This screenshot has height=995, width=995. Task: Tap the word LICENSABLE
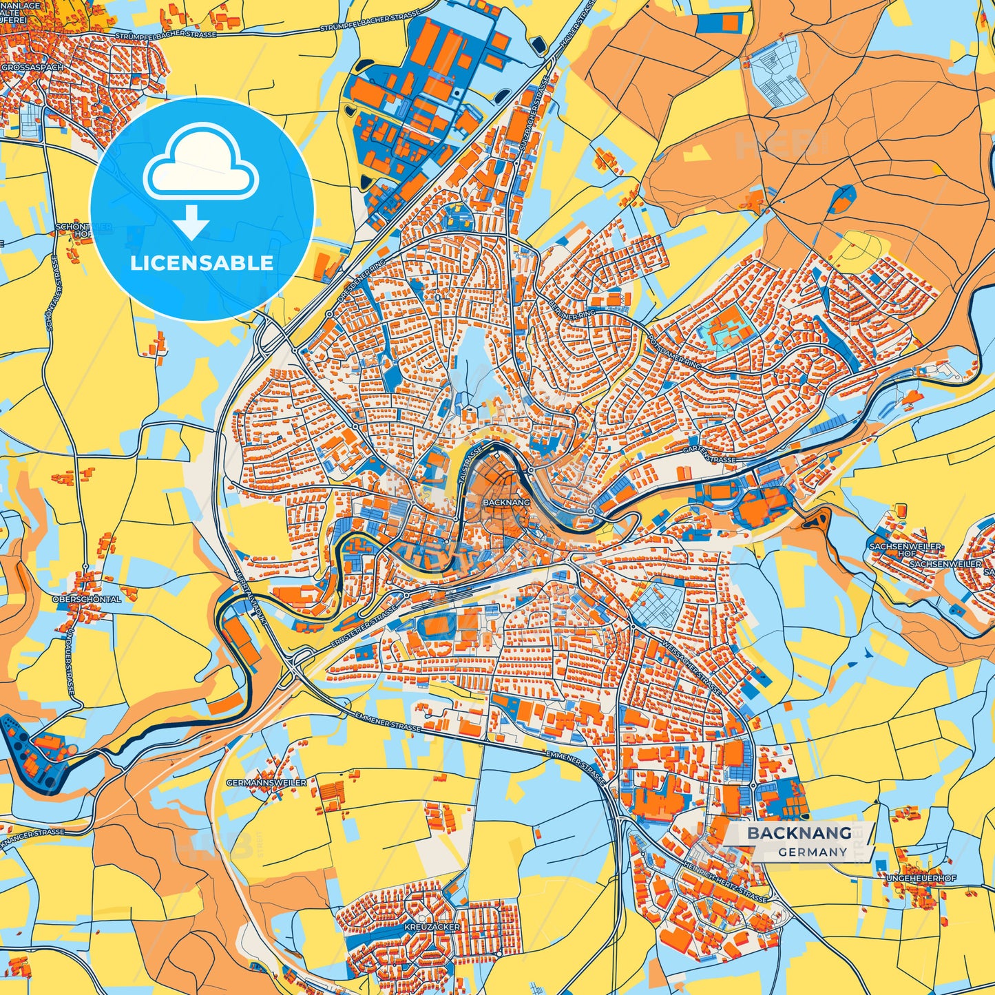[x=202, y=263]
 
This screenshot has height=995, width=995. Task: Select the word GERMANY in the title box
[x=813, y=852]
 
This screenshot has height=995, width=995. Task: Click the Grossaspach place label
[x=32, y=67]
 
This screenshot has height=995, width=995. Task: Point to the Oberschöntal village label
[x=87, y=599]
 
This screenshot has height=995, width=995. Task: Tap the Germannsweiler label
[x=266, y=783]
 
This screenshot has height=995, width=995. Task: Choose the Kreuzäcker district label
[x=432, y=927]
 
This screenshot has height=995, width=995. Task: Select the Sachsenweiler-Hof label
[x=906, y=549]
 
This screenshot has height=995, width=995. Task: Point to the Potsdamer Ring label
[x=674, y=353]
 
